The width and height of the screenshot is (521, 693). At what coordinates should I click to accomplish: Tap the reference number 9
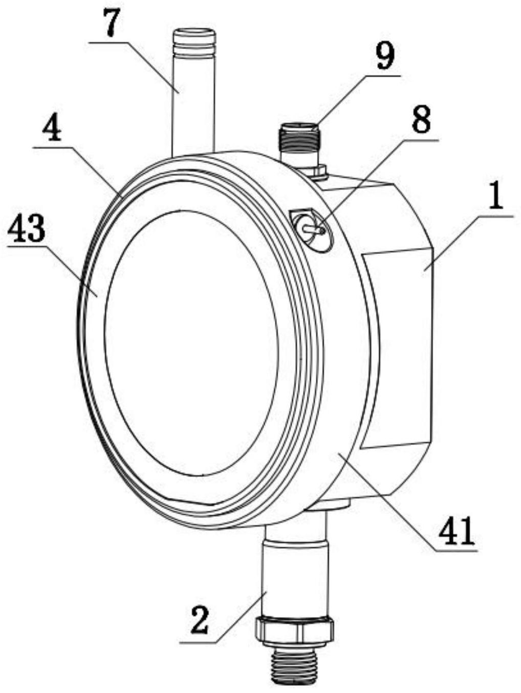pos(384,56)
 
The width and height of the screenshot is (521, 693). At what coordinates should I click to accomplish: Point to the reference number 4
pos(51,129)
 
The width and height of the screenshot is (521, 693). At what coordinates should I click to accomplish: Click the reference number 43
pos(27,228)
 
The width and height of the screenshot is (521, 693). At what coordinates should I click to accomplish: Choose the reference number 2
pos(200,621)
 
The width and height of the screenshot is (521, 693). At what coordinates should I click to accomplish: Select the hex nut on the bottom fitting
pos(295,629)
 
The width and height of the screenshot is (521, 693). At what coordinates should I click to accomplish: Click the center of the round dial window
pos(192,342)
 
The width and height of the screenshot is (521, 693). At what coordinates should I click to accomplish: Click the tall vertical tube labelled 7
pos(193,102)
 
